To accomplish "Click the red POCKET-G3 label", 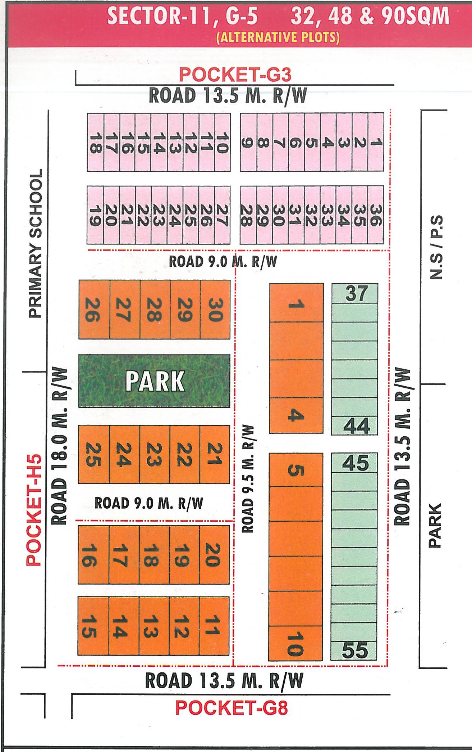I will point(235,75).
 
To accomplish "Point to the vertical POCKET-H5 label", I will point(34,511).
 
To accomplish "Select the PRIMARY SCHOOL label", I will point(36,243).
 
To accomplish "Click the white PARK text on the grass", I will point(155,381).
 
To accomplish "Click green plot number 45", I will point(355,463).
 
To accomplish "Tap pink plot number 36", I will point(375,215).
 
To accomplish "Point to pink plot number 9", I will point(247,143).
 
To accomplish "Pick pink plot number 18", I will point(95,143).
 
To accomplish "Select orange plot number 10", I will point(295,644).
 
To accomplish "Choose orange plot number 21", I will point(214,454).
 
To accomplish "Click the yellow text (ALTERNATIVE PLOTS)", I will point(278,37).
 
